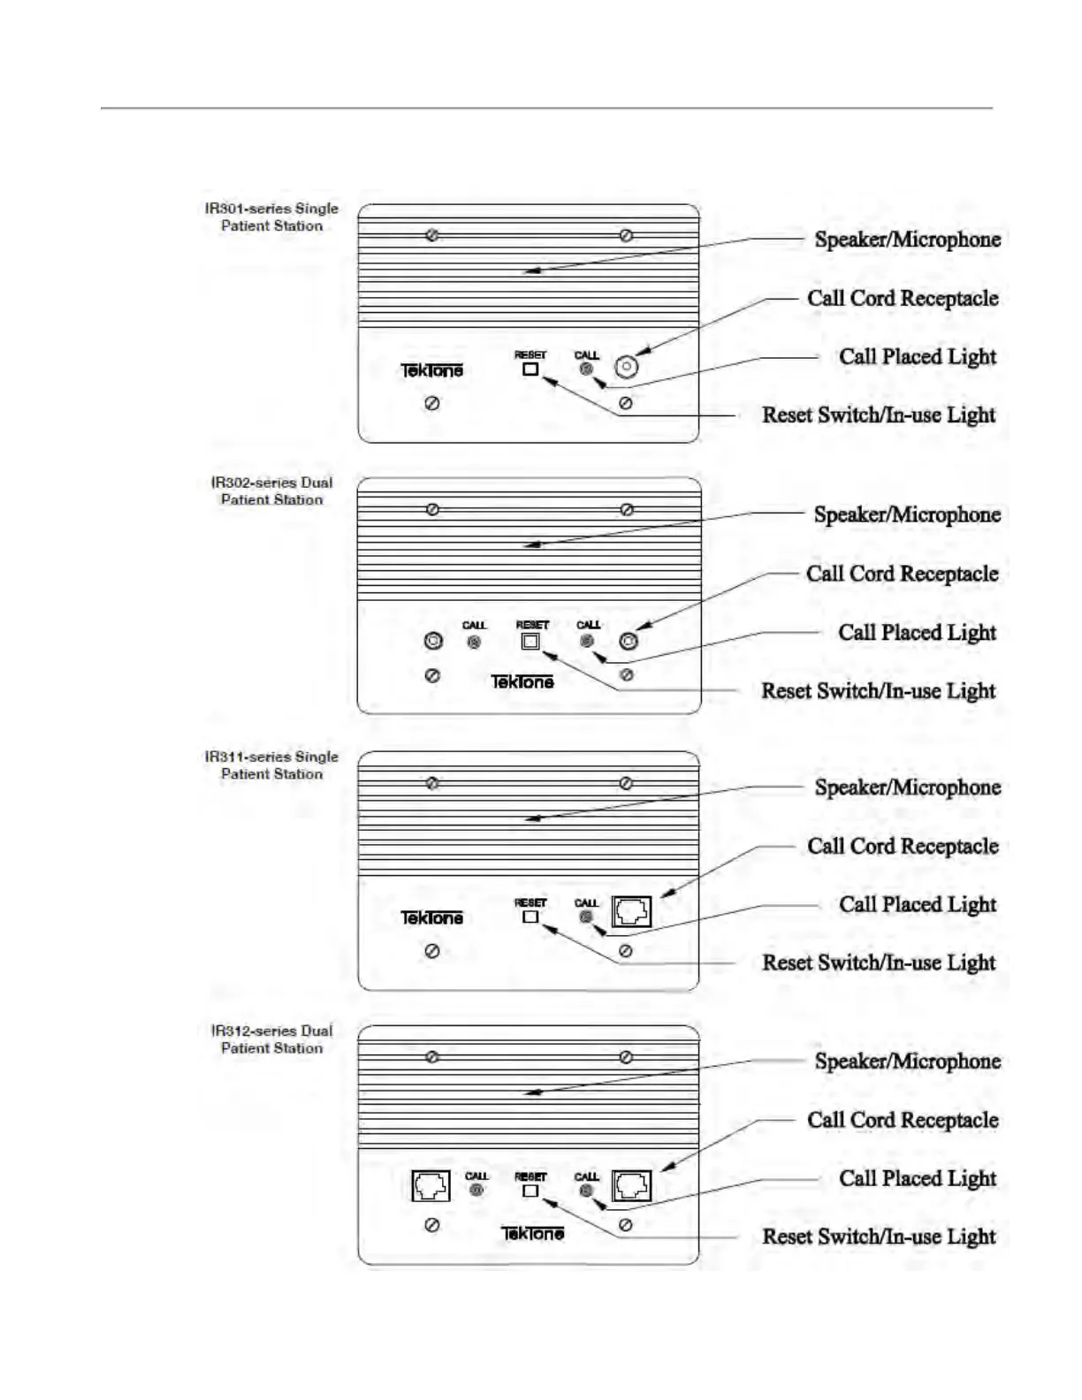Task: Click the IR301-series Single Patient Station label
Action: click(271, 217)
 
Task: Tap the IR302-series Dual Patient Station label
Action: click(271, 491)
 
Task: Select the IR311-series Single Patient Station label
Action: click(271, 765)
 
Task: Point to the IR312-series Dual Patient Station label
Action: click(271, 1039)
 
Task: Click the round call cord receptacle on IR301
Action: click(626, 367)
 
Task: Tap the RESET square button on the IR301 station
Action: click(530, 369)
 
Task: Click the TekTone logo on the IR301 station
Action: click(431, 371)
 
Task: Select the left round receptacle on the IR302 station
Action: click(433, 641)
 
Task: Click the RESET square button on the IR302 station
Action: click(530, 642)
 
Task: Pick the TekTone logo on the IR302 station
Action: click(522, 681)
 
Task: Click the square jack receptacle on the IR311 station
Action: click(632, 911)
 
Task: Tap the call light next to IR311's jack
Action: click(586, 917)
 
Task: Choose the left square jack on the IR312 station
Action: click(431, 1185)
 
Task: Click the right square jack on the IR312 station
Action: click(632, 1185)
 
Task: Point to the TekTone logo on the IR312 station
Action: click(532, 1233)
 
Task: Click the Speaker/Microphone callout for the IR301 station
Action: click(907, 240)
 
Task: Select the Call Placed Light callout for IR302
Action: click(917, 633)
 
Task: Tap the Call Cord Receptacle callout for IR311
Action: click(903, 847)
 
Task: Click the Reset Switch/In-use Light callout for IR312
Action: click(879, 1237)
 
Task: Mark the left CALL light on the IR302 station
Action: click(475, 643)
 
